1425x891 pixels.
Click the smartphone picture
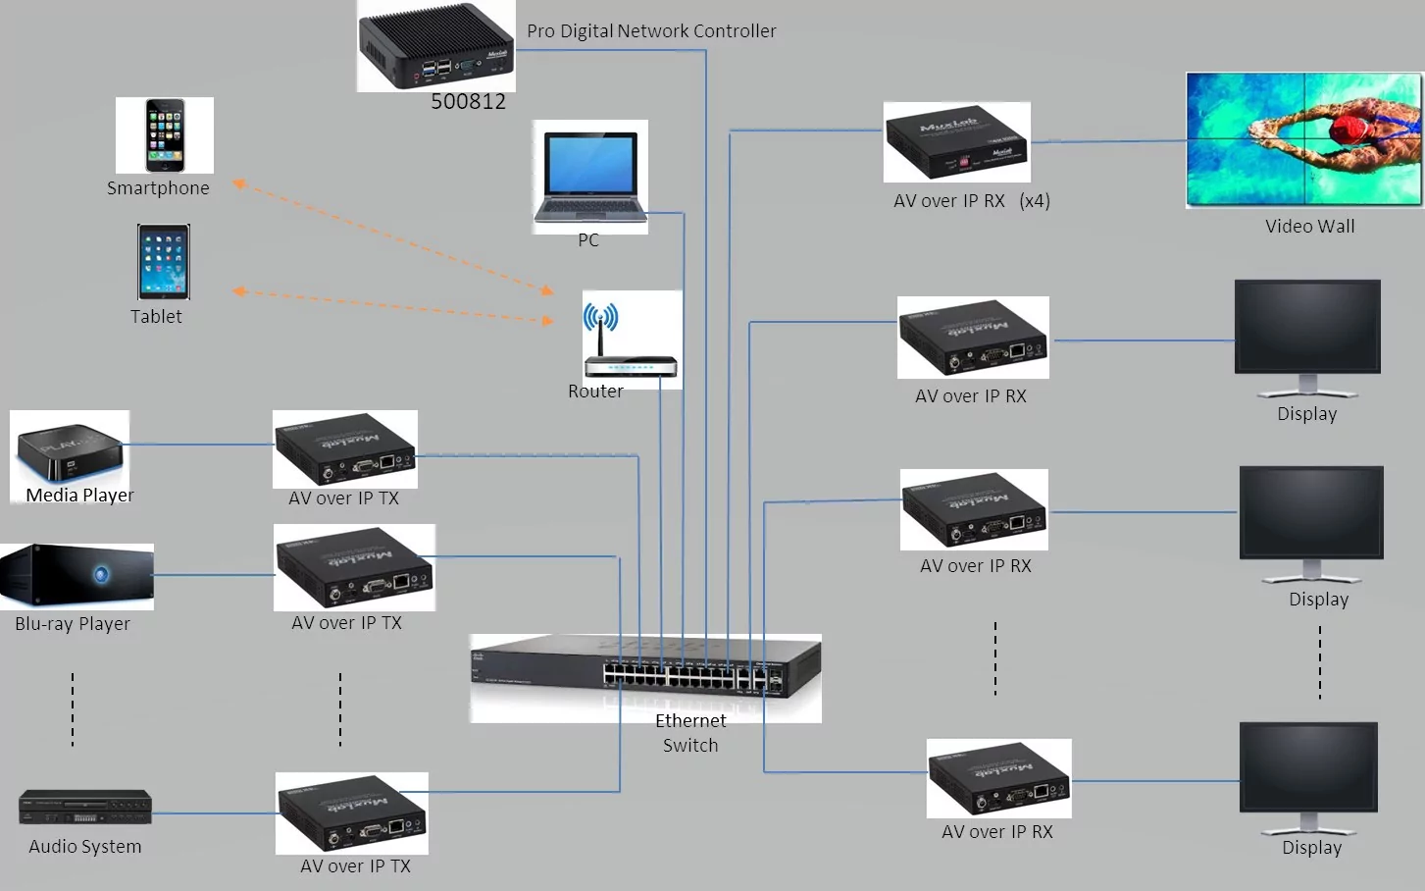(165, 134)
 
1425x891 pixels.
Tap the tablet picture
(164, 262)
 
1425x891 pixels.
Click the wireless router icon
(631, 342)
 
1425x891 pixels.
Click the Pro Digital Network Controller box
(435, 46)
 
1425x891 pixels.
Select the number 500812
(469, 101)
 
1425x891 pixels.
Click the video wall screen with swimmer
(1302, 139)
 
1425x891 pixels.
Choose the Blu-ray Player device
(76, 576)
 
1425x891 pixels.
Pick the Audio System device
(85, 807)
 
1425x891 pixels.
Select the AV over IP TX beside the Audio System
(352, 813)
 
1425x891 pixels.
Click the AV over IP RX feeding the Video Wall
(956, 142)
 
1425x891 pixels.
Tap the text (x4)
(1035, 201)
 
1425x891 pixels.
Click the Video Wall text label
(1309, 227)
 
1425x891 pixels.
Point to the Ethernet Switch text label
(690, 733)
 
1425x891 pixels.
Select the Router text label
(595, 392)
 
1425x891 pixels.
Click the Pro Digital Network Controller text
(651, 31)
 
